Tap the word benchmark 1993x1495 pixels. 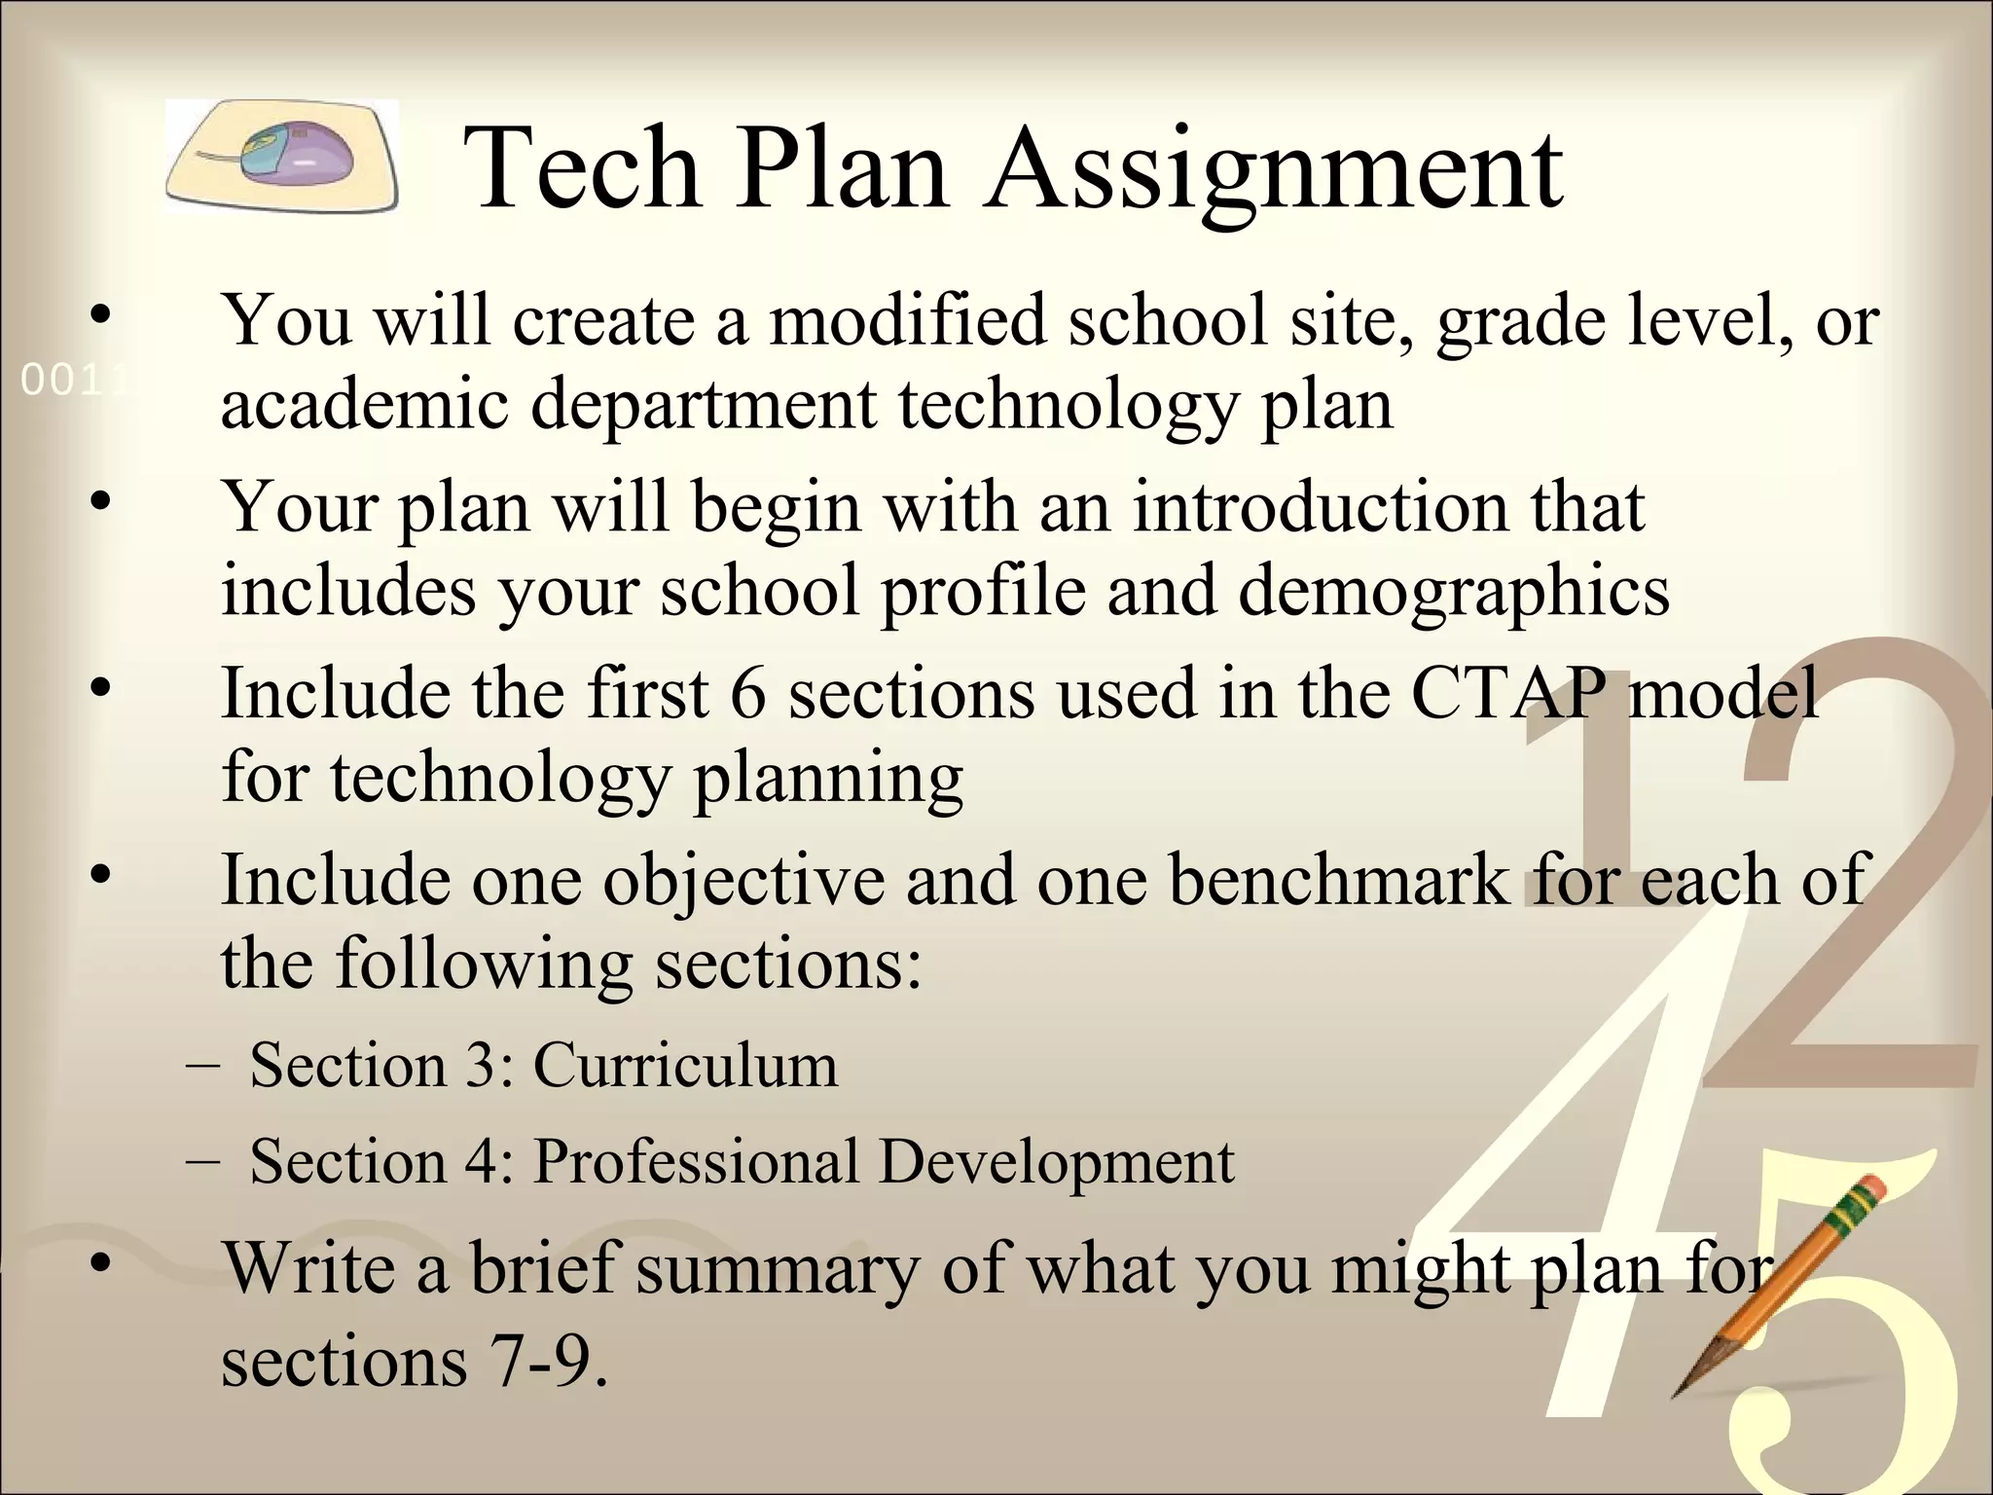tap(1337, 880)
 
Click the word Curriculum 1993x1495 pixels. tap(685, 1065)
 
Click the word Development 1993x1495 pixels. tap(1057, 1162)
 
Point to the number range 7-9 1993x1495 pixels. tap(551, 1361)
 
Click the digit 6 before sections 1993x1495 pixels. tap(747, 695)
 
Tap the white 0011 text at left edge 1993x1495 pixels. tap(72, 381)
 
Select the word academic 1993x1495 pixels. tap(365, 405)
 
